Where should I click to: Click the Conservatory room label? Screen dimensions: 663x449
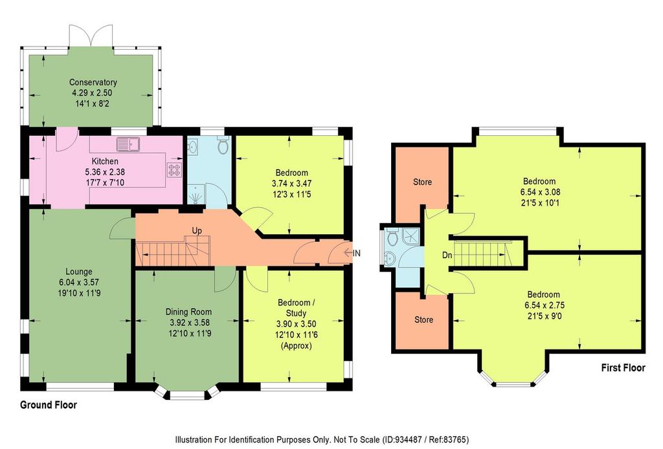tap(93, 82)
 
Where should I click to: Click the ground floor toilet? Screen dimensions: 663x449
tap(223, 146)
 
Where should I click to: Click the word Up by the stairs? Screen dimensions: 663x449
tap(197, 230)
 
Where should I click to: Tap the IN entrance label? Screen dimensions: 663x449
tap(357, 253)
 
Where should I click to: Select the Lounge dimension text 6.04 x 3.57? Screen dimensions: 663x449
tap(79, 282)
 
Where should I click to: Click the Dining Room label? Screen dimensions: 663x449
tap(188, 312)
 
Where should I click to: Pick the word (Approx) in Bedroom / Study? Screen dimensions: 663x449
tap(296, 345)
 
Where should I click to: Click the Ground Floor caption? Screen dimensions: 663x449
tap(49, 405)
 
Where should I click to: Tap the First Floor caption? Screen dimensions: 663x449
tap(624, 368)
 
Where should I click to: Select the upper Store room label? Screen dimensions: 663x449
tap(422, 182)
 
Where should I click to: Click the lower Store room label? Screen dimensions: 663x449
tap(423, 320)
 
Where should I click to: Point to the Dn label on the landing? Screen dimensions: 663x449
tap(447, 255)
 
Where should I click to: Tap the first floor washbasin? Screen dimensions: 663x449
tap(388, 257)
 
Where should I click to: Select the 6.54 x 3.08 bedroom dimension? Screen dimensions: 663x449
tap(540, 192)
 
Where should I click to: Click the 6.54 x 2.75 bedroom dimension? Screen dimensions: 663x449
tap(544, 305)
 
